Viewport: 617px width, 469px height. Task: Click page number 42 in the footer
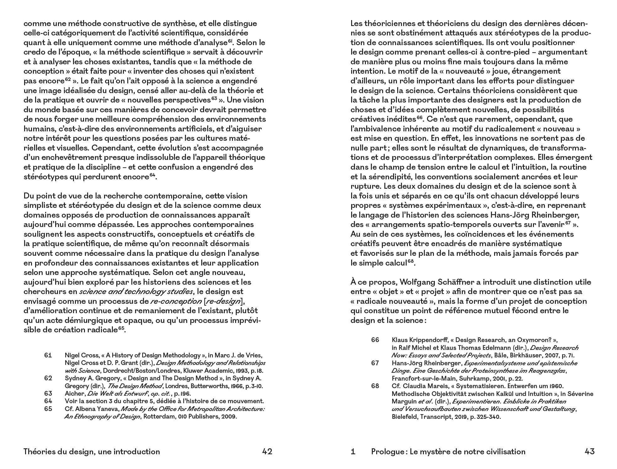click(267, 451)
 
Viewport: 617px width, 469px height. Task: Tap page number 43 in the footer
click(589, 451)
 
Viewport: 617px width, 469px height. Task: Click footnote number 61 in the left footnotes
click(48, 355)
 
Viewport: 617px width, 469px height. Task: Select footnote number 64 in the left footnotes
click(48, 401)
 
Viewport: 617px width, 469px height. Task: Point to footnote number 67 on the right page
click(375, 363)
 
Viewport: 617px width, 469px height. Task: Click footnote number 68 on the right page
click(375, 386)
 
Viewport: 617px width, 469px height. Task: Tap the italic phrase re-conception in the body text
click(176, 301)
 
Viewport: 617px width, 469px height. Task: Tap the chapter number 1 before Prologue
click(353, 451)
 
